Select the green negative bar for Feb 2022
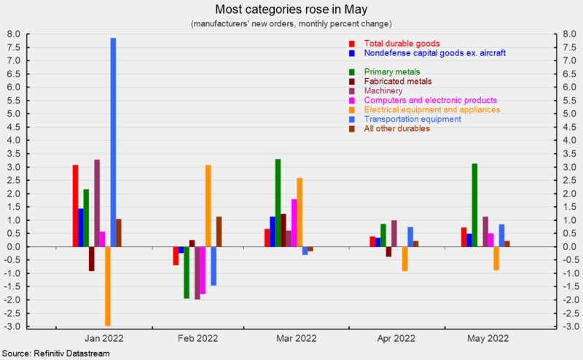pyautogui.click(x=187, y=273)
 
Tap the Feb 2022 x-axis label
pyautogui.click(x=198, y=338)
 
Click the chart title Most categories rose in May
pyautogui.click(x=291, y=9)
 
